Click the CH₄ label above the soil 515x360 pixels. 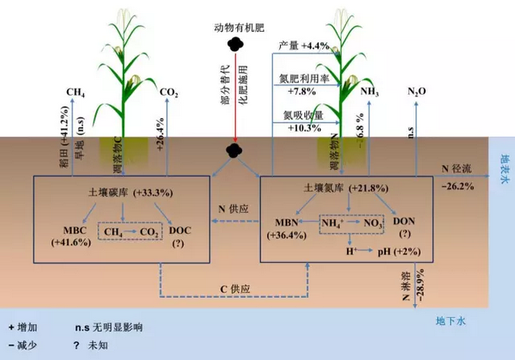(75, 93)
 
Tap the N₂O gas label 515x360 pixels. (417, 93)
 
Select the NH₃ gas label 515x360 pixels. (370, 93)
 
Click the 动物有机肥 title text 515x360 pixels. (240, 29)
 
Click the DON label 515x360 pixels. (405, 222)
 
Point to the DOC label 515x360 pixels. (173, 231)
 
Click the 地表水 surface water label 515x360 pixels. (496, 164)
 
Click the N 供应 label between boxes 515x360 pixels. (233, 208)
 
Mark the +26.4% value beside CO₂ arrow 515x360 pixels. (163, 130)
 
